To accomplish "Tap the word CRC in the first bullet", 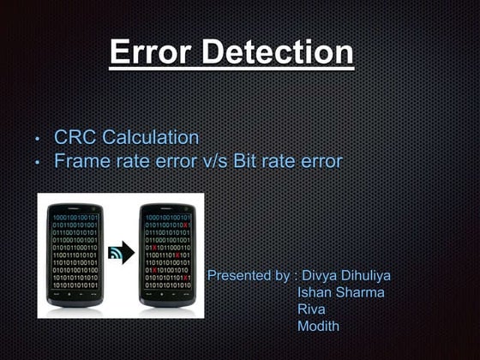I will click(x=75, y=137).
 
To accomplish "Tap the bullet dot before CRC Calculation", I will click(x=37, y=139).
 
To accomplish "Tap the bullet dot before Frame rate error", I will click(x=37, y=162).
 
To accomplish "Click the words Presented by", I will click(x=249, y=276).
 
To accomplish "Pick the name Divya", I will click(x=322, y=276).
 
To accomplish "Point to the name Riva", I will click(x=311, y=309).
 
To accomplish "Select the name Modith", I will click(x=318, y=326).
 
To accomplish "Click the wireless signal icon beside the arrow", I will click(x=113, y=255).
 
